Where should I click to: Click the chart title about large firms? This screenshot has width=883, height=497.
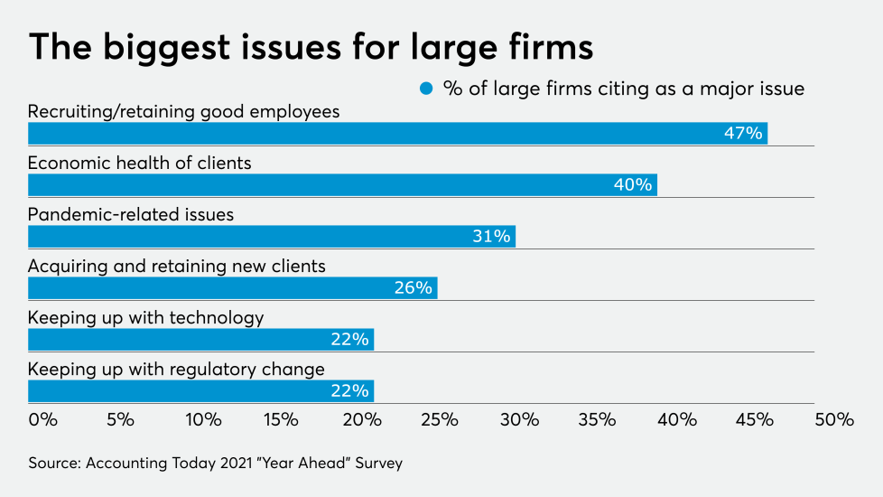pyautogui.click(x=311, y=46)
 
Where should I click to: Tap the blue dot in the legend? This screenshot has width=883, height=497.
pyautogui.click(x=426, y=89)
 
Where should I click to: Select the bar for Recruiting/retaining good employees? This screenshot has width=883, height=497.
pyautogui.click(x=397, y=134)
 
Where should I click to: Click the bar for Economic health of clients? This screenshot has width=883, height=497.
pyautogui.click(x=342, y=184)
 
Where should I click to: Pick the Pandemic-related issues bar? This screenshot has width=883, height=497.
pyautogui.click(x=271, y=237)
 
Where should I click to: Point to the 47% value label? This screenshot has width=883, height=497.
pyautogui.click(x=743, y=134)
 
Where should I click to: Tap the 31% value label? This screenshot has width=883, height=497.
pyautogui.click(x=491, y=237)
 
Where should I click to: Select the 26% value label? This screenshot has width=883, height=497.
pyautogui.click(x=413, y=288)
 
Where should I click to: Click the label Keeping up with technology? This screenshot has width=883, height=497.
pyautogui.click(x=145, y=318)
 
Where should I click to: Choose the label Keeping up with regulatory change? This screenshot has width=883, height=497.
pyautogui.click(x=176, y=370)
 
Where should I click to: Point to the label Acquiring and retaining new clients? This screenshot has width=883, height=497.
pyautogui.click(x=176, y=267)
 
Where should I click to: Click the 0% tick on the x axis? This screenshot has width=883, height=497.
pyautogui.click(x=42, y=420)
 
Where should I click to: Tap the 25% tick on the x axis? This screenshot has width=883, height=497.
pyautogui.click(x=439, y=420)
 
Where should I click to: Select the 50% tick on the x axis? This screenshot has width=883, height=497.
pyautogui.click(x=833, y=420)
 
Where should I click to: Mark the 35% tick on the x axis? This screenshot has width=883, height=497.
pyautogui.click(x=597, y=420)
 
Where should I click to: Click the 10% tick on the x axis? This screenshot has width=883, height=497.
pyautogui.click(x=202, y=420)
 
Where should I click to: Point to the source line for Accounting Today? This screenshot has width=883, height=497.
pyautogui.click(x=215, y=464)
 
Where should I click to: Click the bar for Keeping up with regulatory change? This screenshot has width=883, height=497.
pyautogui.click(x=200, y=391)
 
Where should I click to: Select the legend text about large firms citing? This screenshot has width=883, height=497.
pyautogui.click(x=623, y=89)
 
